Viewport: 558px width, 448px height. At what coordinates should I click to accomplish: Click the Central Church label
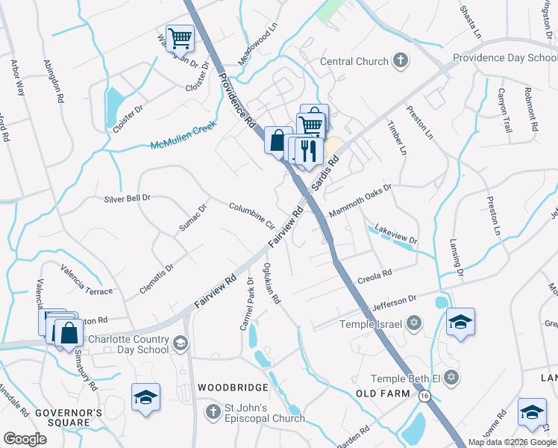[x=354, y=62]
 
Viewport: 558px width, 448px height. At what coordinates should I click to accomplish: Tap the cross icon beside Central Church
[x=401, y=61]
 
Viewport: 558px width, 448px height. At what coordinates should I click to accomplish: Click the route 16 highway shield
[x=424, y=395]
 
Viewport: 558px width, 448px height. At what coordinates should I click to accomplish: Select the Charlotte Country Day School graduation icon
[x=180, y=343]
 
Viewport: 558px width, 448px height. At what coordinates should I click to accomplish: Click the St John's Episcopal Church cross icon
[x=214, y=411]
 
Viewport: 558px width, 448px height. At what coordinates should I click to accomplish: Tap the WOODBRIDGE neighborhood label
[x=233, y=388]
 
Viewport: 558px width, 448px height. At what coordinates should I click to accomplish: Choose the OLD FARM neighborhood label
[x=383, y=393]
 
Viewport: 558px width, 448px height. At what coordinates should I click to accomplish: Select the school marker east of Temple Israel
[x=460, y=322]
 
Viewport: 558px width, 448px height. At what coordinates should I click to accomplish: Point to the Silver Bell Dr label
[x=128, y=198]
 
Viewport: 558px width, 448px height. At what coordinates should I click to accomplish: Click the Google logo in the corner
[x=25, y=439]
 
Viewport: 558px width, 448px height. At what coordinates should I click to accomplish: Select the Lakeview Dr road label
[x=395, y=234]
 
